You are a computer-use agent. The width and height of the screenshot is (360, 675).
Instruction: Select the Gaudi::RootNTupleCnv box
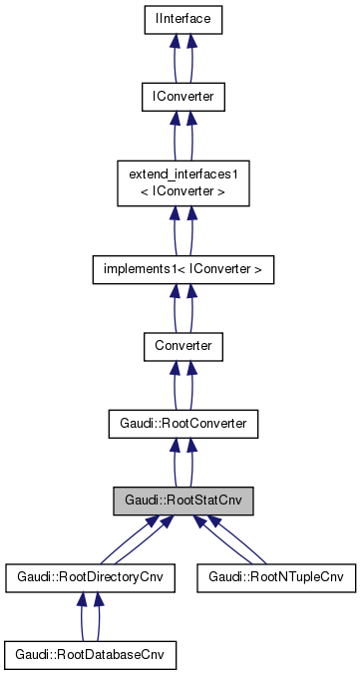coord(276,577)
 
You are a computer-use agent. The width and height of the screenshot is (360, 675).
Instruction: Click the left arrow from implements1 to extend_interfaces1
coord(174,230)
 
